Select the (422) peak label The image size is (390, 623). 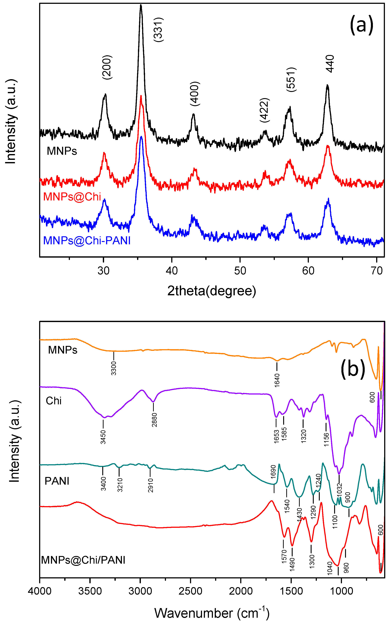[265, 110]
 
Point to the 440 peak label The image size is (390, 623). [330, 64]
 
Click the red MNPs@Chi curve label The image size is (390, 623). [72, 197]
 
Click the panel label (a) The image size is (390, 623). [361, 25]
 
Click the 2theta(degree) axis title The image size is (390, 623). [211, 291]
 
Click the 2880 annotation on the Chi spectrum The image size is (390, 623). [154, 420]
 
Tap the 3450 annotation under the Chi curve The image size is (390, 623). [103, 437]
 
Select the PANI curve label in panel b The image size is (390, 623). [57, 481]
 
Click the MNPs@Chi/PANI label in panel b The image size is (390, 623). [83, 560]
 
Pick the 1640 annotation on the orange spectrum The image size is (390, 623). [277, 380]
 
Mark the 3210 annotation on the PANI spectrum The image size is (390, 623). [120, 485]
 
